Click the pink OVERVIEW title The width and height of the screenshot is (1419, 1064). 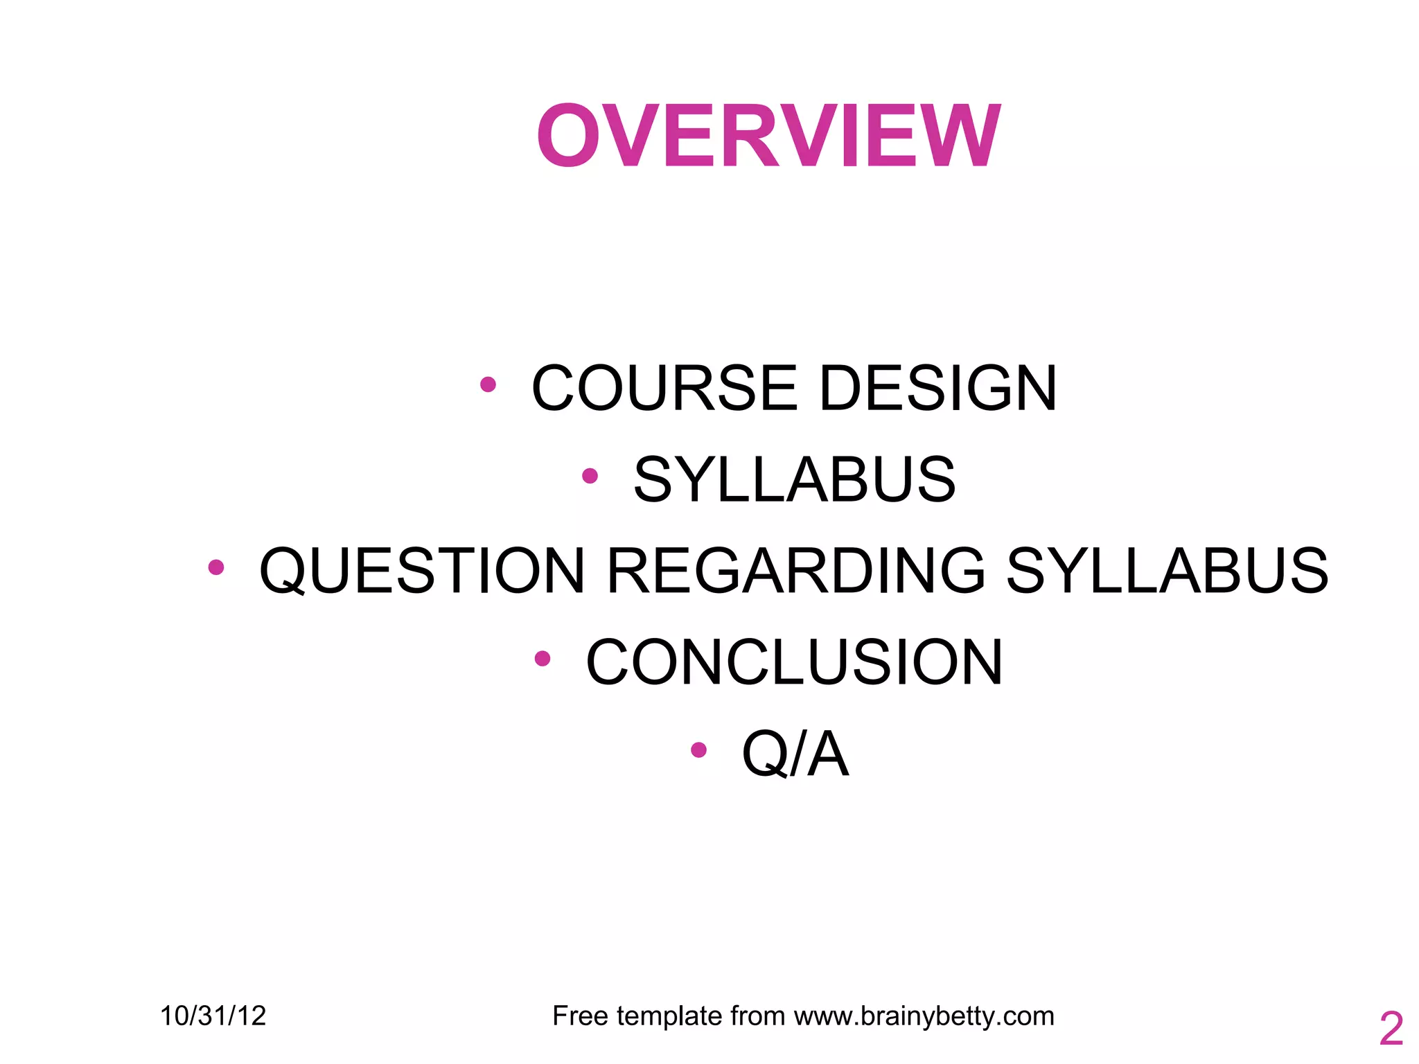tap(768, 136)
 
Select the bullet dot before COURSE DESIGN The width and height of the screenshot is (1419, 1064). tap(488, 384)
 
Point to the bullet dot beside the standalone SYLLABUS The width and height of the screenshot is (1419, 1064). tap(590, 476)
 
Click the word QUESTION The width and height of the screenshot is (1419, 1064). tap(423, 571)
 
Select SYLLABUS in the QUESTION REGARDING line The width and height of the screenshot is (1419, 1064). tap(1167, 571)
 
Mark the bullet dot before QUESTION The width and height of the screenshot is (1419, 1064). tap(216, 567)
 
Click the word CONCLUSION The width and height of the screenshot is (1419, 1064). tap(794, 662)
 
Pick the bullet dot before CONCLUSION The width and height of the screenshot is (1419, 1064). tap(543, 659)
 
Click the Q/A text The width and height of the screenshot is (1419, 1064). tap(795, 754)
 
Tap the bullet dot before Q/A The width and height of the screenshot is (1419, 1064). tap(698, 750)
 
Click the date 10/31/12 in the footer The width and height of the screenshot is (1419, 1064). tap(213, 1016)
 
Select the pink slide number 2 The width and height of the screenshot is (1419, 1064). tap(1391, 1029)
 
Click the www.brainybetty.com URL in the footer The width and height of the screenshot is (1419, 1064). tap(924, 1016)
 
